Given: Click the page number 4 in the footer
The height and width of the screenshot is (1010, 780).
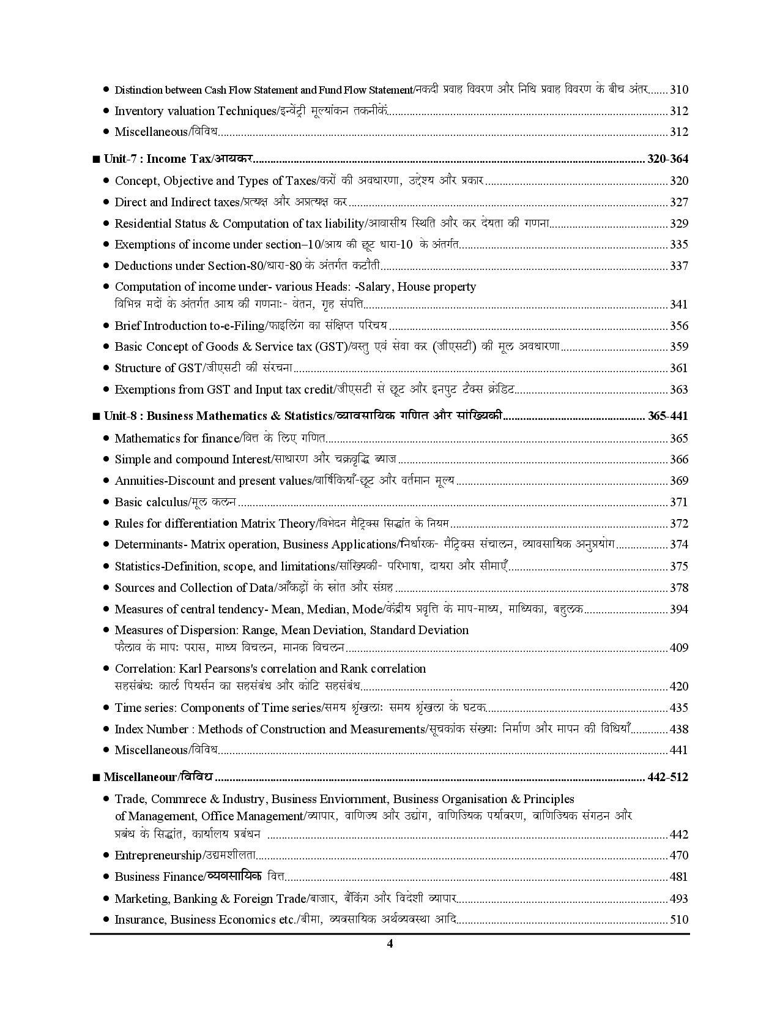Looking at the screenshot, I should coord(390,943).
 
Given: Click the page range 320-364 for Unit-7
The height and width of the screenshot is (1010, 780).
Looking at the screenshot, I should coord(667,159).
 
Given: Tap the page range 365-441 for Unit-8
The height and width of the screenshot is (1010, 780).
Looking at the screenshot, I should coord(667,416).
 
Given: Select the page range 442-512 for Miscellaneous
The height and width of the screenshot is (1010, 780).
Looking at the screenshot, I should coord(667,777).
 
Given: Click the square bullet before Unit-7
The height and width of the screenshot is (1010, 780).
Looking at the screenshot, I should coord(95,160).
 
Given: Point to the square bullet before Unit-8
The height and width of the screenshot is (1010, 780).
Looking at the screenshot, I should coord(95,417).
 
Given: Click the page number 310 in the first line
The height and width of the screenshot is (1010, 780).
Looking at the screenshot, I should coord(679,89).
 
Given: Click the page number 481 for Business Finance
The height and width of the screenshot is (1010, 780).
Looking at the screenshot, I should coord(679,877).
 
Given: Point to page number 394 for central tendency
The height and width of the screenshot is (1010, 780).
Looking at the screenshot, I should coord(679,609).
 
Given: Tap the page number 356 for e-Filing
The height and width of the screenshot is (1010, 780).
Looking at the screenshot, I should coord(679,326).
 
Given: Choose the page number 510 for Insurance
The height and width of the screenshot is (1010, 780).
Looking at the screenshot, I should coord(679,919).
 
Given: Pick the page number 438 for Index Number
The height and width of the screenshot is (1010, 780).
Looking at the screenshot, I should coord(679,729).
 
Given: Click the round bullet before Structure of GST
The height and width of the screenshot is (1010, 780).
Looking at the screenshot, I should coord(106,367).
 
